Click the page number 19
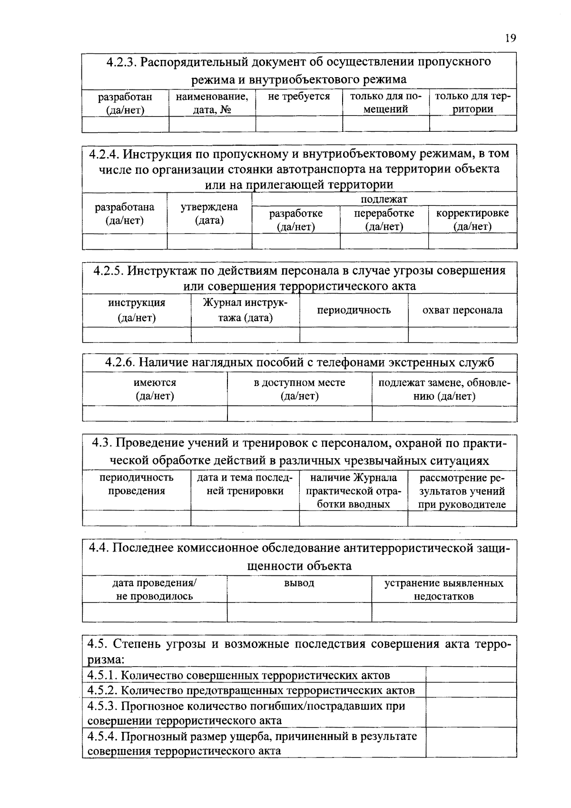[510, 39]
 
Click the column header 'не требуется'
[299, 97]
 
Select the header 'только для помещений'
[386, 102]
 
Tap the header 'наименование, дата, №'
[212, 102]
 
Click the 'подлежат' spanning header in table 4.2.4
[384, 199]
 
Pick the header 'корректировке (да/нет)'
[473, 219]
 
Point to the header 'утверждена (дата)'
[209, 213]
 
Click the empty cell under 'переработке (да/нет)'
[384, 241]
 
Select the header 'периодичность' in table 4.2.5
[354, 310]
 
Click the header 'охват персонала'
[463, 310]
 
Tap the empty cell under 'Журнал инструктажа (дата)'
[245, 335]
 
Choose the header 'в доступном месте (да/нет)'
[299, 389]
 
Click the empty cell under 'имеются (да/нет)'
[155, 414]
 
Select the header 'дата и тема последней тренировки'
[245, 484]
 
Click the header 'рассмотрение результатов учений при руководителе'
[462, 491]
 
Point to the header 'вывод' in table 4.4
[299, 583]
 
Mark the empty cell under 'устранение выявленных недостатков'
[444, 612]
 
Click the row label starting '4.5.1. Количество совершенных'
[239, 675]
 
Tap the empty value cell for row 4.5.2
[471, 690]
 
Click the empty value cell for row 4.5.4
[471, 743]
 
